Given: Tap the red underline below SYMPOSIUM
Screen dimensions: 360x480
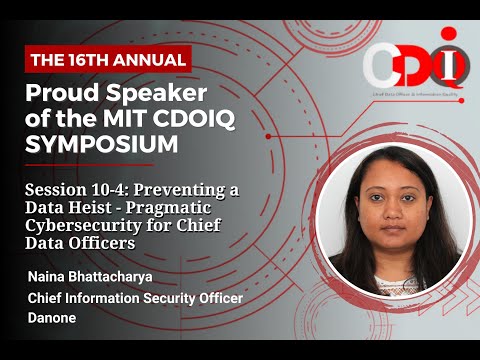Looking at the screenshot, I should click(x=89, y=165).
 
